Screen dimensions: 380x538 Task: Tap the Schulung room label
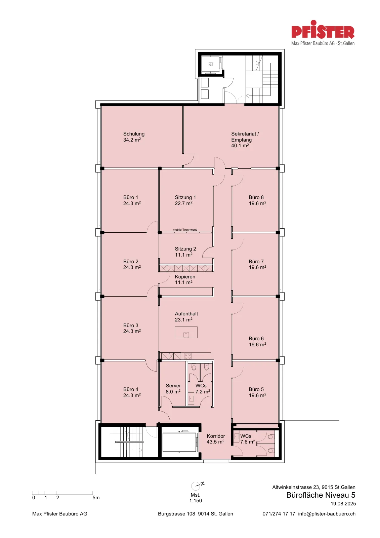(134, 134)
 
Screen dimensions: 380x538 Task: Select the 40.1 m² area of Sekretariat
(240, 146)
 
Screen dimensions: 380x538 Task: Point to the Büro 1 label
(131, 197)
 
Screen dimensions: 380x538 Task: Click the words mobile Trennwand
(185, 230)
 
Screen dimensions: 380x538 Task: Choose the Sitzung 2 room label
(185, 249)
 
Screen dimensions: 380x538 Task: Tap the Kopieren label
(185, 277)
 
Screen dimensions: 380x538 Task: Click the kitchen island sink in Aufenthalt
(186, 335)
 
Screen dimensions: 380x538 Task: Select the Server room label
(173, 386)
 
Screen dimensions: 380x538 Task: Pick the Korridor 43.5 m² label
(216, 439)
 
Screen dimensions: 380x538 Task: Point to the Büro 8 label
(256, 197)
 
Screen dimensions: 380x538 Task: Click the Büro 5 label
(256, 389)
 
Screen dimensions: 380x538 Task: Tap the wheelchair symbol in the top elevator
(211, 64)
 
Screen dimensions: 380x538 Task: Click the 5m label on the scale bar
(96, 498)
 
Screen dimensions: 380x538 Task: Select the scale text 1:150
(196, 501)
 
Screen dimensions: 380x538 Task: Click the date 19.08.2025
(343, 504)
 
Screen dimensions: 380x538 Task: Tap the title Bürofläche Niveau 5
(321, 495)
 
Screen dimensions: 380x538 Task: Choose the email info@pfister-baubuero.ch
(327, 514)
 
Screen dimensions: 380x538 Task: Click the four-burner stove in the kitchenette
(188, 356)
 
